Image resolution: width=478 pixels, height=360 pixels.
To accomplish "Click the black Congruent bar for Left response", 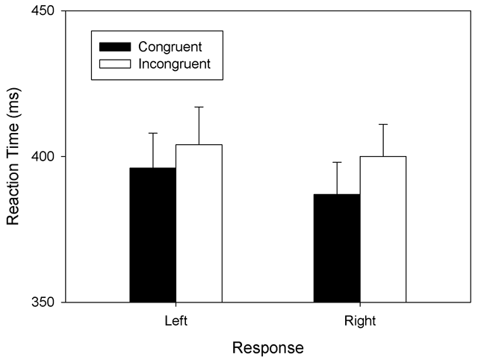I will click(153, 235).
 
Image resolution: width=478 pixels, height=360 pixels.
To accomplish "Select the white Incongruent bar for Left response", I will click(199, 223).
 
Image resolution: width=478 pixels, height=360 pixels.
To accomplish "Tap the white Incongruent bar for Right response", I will click(382, 229).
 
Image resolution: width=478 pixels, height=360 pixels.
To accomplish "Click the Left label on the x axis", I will click(176, 321).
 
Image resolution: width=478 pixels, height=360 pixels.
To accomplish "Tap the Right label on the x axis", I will click(360, 321).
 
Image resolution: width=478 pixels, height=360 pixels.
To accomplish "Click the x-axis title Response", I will click(267, 348).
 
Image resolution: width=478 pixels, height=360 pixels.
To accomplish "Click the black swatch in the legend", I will click(115, 47).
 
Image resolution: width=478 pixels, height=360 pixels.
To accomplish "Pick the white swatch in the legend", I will click(115, 63).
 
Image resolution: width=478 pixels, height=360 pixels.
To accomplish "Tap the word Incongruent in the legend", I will click(174, 63).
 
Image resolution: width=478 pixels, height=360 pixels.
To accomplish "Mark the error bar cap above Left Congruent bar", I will click(153, 133).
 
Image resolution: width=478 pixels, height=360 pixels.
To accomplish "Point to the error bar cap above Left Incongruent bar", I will click(199, 107).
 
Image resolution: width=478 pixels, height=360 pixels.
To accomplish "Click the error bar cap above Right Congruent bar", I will click(337, 162).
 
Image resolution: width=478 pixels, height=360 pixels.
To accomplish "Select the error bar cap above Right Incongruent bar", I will click(382, 124).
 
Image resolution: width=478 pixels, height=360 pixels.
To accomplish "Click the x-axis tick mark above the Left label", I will click(176, 305).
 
